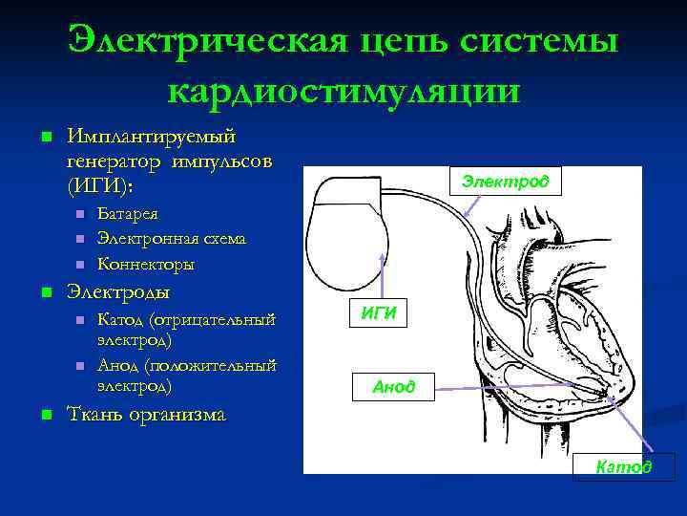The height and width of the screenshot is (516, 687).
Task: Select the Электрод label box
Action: pyautogui.click(x=506, y=181)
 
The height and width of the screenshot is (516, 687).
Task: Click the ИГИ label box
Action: pyautogui.click(x=379, y=313)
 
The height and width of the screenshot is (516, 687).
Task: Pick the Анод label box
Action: pyautogui.click(x=393, y=386)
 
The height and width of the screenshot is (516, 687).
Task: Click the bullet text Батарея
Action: pyautogui.click(x=128, y=214)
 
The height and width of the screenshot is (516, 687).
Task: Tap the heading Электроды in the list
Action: pyautogui.click(x=119, y=291)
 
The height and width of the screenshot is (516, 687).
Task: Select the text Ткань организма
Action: pyautogui.click(x=146, y=414)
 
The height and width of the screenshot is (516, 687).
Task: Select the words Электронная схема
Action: pyautogui.click(x=172, y=238)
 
